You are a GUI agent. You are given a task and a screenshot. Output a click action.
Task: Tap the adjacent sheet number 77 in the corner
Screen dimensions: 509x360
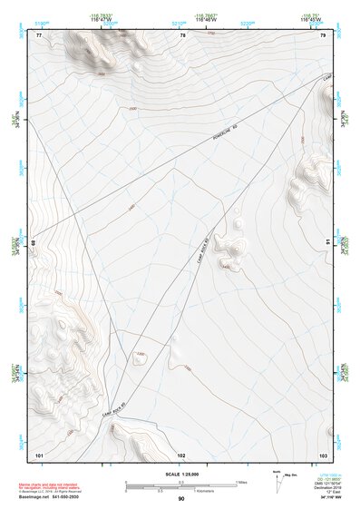39,34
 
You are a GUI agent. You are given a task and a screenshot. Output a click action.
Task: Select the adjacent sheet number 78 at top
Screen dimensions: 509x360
182,34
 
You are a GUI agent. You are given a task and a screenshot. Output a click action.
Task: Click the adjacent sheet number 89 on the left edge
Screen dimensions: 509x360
34,243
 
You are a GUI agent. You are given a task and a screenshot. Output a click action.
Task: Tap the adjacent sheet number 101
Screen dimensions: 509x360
39,454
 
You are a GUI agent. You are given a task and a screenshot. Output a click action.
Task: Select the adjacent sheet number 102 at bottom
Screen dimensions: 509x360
181,454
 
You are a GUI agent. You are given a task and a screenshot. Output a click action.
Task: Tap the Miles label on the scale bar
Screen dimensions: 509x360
241,481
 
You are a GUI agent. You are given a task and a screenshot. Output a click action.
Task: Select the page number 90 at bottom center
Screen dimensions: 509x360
181,500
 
